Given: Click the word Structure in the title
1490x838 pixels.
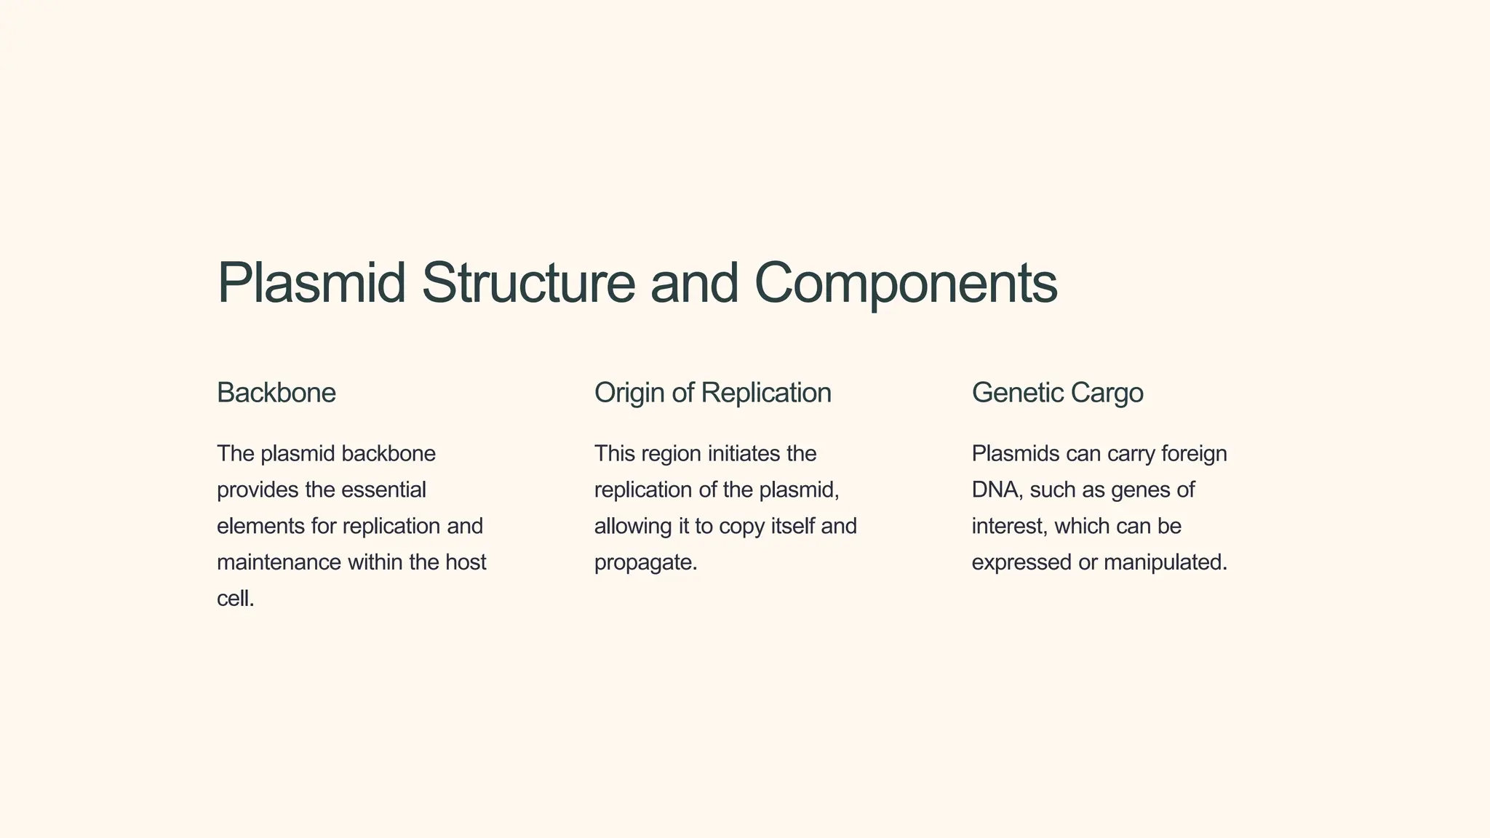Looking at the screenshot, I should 528,283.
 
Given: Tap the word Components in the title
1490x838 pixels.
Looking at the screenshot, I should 906,283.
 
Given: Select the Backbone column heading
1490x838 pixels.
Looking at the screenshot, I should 276,393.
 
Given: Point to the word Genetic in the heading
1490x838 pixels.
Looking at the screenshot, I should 1017,393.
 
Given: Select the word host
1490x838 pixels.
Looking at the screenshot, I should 466,562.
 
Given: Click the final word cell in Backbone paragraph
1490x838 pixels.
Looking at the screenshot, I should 234,599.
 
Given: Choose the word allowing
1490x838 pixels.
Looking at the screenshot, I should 633,526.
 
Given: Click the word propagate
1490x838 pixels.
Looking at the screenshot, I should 645,563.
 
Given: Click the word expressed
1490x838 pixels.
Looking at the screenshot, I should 1021,563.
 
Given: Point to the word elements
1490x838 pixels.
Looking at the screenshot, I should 260,526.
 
